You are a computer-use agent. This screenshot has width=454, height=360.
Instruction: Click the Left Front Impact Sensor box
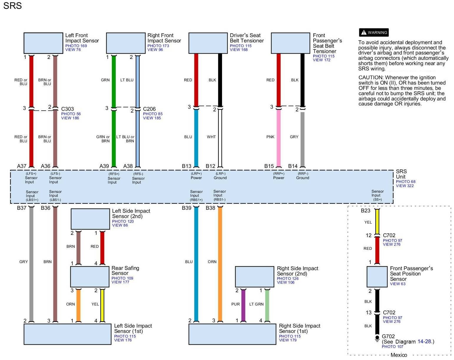tap(43, 43)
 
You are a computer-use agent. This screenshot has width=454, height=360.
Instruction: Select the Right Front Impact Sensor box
tap(126, 43)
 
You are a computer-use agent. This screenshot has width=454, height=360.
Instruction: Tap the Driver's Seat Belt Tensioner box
tap(208, 43)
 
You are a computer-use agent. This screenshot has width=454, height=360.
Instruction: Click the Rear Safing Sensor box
tap(90, 277)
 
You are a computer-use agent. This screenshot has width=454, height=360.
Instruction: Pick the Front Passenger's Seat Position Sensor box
tap(377, 277)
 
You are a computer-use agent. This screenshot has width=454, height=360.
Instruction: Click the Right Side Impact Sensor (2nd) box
tap(255, 277)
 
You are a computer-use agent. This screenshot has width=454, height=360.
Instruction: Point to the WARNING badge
tap(374, 32)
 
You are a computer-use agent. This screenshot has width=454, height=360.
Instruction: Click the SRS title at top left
tap(12, 6)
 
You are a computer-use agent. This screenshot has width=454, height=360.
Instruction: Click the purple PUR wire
tap(243, 305)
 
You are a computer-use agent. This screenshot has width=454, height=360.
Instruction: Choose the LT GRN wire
tap(267, 305)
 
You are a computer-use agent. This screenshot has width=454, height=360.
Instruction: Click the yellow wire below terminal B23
tap(377, 222)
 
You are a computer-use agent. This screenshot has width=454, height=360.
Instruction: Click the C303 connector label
tap(67, 109)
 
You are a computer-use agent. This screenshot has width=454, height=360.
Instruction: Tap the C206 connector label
tap(149, 109)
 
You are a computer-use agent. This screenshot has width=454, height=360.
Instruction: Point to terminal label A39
tap(104, 166)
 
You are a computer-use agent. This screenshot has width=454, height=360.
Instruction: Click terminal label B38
tap(210, 208)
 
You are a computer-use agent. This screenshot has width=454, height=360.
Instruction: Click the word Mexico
tap(399, 355)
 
